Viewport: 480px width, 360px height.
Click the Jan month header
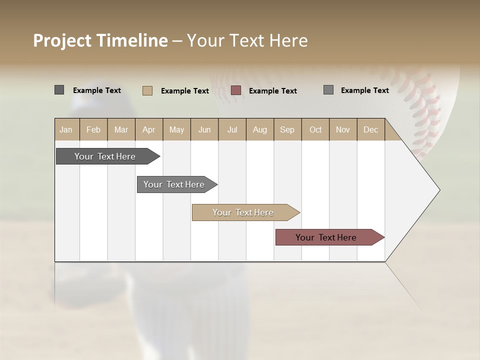(x=66, y=129)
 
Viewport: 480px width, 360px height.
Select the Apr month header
(x=148, y=129)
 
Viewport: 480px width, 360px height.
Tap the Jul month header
(x=232, y=129)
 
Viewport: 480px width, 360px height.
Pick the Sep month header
(x=287, y=129)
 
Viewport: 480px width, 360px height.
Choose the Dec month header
(x=370, y=129)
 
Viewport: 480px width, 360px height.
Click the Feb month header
(x=93, y=129)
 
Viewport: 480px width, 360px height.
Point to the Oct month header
(x=315, y=129)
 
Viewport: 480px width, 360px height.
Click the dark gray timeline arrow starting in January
(x=105, y=156)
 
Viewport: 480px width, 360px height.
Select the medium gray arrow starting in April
(x=174, y=184)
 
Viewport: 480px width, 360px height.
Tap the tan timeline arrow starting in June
(x=243, y=212)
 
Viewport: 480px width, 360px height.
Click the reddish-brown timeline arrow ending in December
(x=326, y=237)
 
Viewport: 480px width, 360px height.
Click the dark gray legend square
(x=59, y=90)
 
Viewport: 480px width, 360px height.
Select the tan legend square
(x=147, y=90)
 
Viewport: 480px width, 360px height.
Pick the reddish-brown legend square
(x=236, y=90)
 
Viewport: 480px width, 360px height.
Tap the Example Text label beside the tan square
(x=184, y=91)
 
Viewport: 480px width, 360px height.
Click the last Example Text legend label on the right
(x=364, y=90)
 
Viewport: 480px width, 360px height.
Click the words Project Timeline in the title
(x=100, y=40)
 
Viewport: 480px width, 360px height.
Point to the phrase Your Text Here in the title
(x=247, y=40)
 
